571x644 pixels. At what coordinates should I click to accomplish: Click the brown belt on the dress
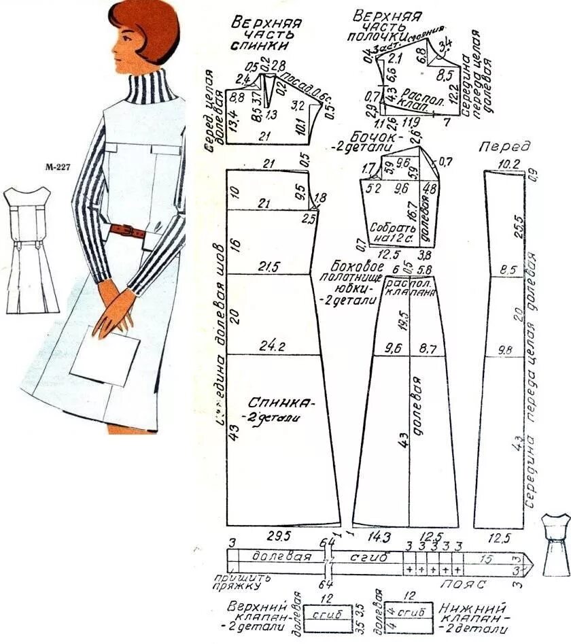[x=127, y=230]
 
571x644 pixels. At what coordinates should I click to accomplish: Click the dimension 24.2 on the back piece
[x=271, y=346]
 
